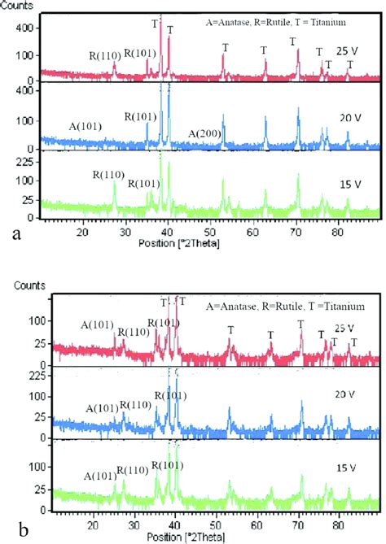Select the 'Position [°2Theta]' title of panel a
[x=192, y=243]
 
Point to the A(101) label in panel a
[x=85, y=127]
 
